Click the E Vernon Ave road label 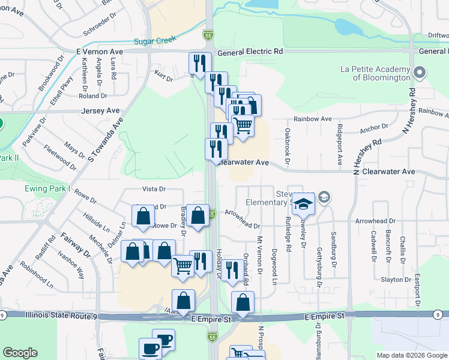click(99, 52)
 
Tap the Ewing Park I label click(47, 188)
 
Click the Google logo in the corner click(20, 353)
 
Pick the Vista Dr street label click(154, 189)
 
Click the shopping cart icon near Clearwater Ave click(243, 126)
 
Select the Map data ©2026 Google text click(411, 355)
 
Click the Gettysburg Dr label click(318, 262)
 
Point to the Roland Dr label click(92, 95)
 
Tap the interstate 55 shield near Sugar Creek click(208, 36)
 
